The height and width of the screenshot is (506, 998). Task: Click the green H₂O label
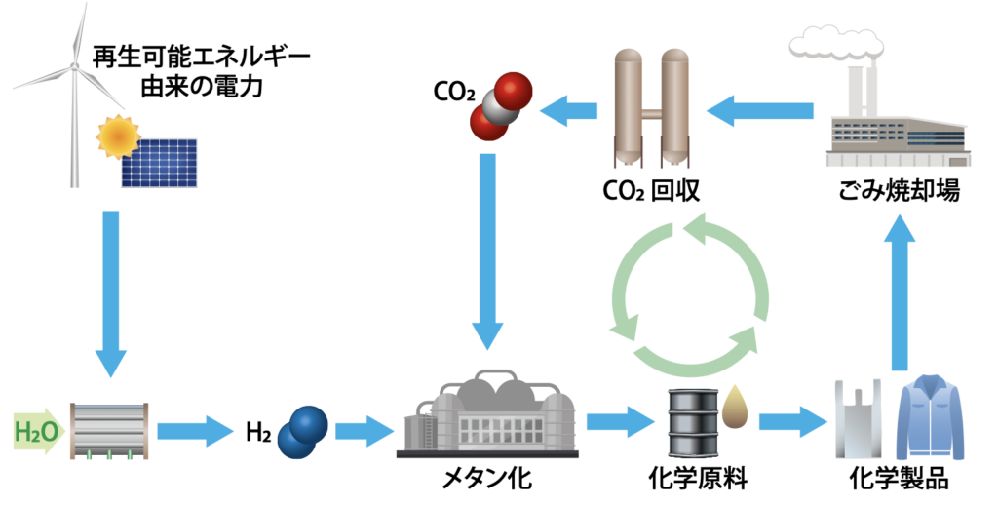pos(36,429)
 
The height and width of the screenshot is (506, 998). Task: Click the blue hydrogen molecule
pos(302,430)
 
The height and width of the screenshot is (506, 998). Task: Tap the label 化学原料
pos(710,479)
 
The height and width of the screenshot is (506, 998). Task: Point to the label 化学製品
pos(898,479)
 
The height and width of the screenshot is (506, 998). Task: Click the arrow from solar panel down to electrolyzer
pos(111,292)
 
